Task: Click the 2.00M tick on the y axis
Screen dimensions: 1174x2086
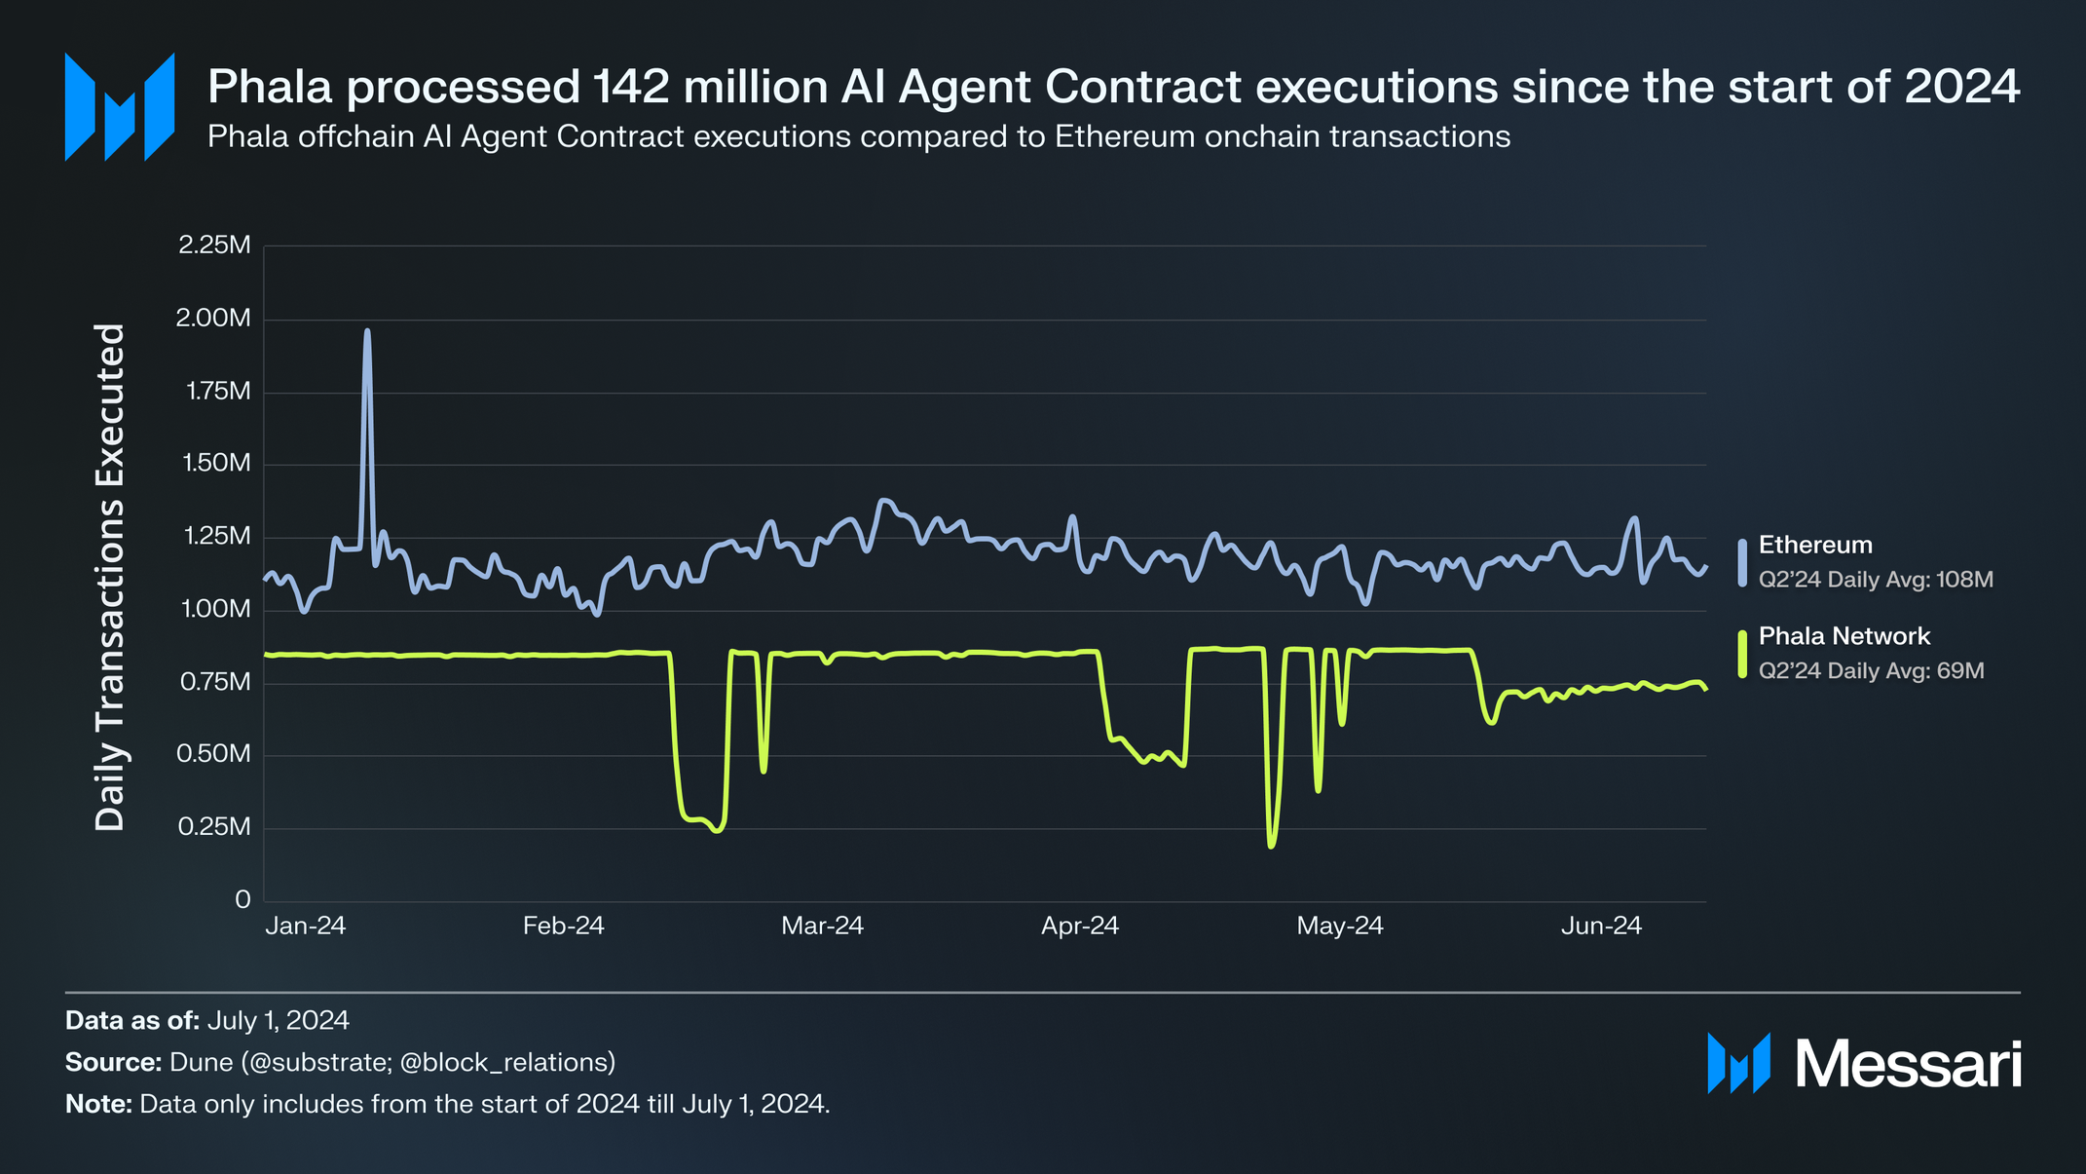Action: click(x=214, y=319)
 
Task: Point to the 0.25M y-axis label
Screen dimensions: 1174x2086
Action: click(x=214, y=827)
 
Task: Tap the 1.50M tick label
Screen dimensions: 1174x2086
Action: click(x=216, y=464)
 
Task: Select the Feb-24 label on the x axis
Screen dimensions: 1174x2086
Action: click(x=563, y=926)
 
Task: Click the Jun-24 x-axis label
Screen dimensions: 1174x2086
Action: click(x=1601, y=926)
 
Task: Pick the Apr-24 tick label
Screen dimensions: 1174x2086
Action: click(x=1080, y=926)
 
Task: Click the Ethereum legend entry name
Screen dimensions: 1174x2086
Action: click(x=1815, y=546)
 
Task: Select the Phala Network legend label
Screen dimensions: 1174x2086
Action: click(x=1844, y=636)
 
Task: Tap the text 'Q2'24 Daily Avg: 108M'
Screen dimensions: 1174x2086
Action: click(x=1876, y=580)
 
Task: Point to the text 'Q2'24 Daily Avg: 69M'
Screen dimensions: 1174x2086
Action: click(x=1871, y=670)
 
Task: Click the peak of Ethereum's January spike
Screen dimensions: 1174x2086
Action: click(x=367, y=331)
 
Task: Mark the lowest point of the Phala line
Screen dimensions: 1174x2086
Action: click(x=1271, y=846)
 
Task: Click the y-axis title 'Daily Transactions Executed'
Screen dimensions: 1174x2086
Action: click(x=110, y=577)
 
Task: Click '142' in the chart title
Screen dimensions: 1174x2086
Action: click(x=631, y=87)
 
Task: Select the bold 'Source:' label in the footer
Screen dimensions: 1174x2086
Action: click(x=113, y=1062)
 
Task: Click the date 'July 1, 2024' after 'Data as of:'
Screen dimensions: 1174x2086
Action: click(x=278, y=1020)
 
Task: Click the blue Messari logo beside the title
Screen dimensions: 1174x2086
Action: click(x=120, y=106)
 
